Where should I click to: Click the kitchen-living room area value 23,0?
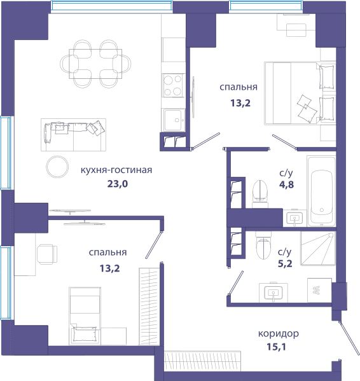[118, 184]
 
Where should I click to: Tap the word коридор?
[279, 334]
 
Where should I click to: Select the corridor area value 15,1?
[277, 347]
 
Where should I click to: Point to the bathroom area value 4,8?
[286, 184]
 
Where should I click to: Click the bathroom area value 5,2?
[285, 263]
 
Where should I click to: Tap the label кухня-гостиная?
[116, 170]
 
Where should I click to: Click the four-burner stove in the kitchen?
[173, 85]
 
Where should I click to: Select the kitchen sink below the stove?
[173, 120]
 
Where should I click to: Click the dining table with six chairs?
[95, 64]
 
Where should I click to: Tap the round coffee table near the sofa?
[57, 167]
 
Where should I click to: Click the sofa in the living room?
[73, 135]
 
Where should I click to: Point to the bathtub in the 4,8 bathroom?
[321, 191]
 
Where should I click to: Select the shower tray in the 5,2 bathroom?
[318, 248]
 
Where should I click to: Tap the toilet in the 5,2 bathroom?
[263, 245]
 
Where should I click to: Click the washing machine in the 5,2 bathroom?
[319, 291]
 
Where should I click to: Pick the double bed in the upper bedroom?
[300, 94]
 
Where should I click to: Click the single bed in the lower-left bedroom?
[85, 316]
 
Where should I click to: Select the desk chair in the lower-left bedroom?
[47, 254]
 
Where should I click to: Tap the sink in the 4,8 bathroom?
[294, 218]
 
